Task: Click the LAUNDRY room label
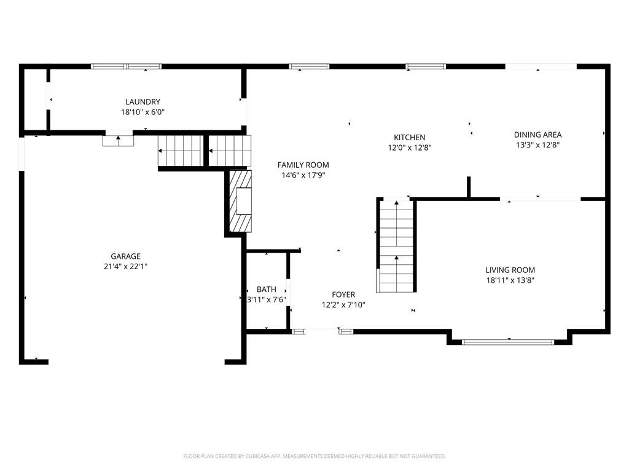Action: pos(143,102)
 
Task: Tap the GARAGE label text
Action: pos(125,256)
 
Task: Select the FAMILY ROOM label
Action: pos(303,165)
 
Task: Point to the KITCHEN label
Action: pos(410,137)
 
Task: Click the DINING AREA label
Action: pos(538,135)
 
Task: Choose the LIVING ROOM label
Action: pos(510,270)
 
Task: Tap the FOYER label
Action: pos(343,294)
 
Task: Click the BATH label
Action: pos(267,289)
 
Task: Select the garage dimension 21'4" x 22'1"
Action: pos(125,267)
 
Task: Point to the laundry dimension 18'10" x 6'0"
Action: pos(143,112)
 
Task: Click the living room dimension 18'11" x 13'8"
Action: pos(510,280)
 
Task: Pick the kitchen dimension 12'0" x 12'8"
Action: pos(410,147)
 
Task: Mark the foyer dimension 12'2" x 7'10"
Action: pos(343,305)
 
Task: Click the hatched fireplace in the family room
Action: pos(240,201)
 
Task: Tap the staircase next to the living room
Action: pos(396,245)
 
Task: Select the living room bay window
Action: pos(508,342)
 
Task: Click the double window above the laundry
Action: pos(126,66)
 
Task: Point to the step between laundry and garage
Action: pos(118,141)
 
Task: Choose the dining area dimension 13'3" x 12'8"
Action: pos(538,145)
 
